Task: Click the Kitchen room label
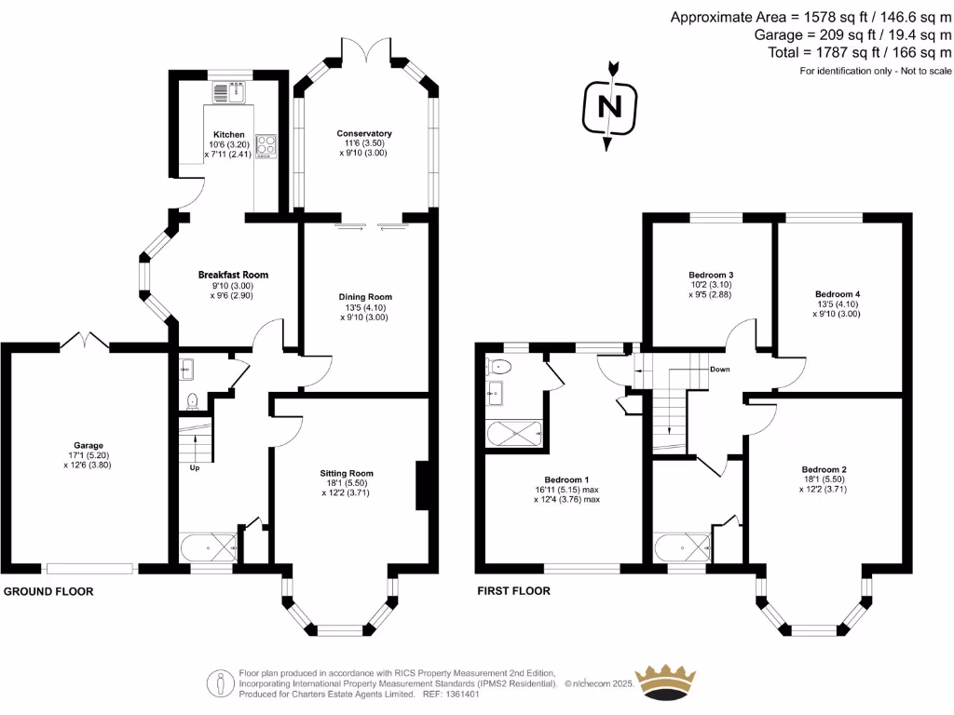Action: point(228,135)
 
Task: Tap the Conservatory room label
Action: point(364,134)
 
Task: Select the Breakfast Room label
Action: point(233,275)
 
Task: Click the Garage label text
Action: point(89,445)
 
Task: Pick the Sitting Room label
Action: point(346,473)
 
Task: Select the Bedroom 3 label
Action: point(711,276)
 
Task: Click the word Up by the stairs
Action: point(195,467)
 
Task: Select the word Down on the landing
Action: point(719,370)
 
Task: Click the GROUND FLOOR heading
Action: point(48,591)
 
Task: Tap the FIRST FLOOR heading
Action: point(513,591)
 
